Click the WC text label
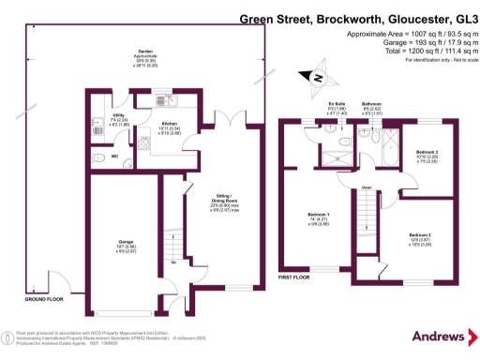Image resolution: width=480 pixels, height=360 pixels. [x=114, y=156]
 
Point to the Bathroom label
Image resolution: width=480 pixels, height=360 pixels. [x=373, y=107]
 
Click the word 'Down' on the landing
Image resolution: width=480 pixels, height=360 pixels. [x=369, y=187]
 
